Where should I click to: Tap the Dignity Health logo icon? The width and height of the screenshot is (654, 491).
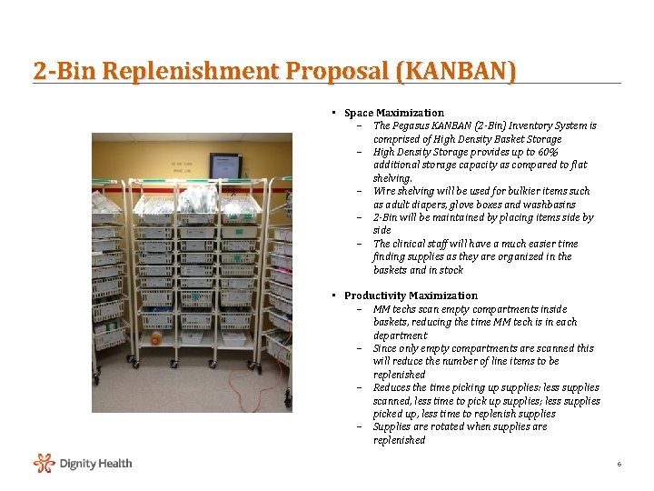pyautogui.click(x=45, y=464)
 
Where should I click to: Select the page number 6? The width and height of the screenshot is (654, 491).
pyautogui.click(x=619, y=465)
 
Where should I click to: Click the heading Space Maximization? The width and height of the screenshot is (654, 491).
pyautogui.click(x=394, y=113)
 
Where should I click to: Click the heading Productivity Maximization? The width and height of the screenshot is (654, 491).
pyautogui.click(x=411, y=296)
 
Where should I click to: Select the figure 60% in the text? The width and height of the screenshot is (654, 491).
pyautogui.click(x=547, y=152)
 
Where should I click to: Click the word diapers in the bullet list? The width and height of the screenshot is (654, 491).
pyautogui.click(x=423, y=205)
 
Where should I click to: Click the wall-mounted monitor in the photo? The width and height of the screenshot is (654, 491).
pyautogui.click(x=225, y=166)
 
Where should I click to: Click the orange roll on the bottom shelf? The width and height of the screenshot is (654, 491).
pyautogui.click(x=156, y=338)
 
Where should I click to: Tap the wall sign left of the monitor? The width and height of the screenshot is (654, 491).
pyautogui.click(x=184, y=165)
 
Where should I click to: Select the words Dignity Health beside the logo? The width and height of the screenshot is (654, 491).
pyautogui.click(x=95, y=464)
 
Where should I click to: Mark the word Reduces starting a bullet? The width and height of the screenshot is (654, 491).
pyautogui.click(x=391, y=387)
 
